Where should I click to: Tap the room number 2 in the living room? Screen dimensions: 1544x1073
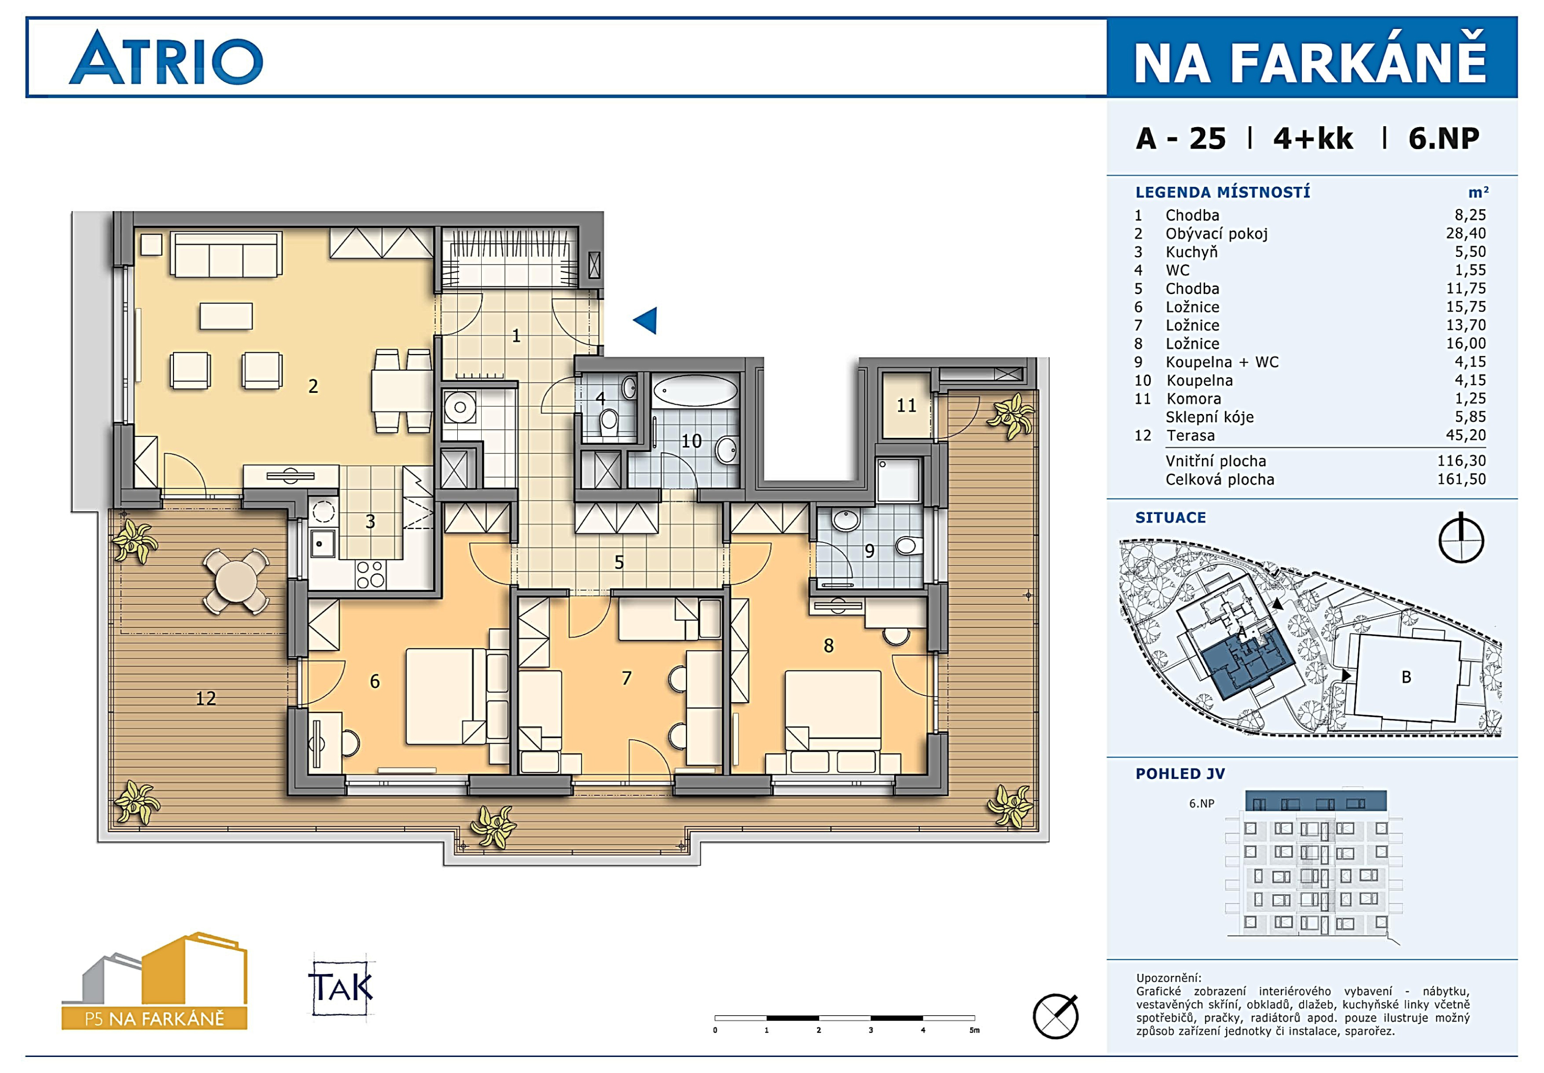[313, 386]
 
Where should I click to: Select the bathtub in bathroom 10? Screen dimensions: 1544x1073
[695, 390]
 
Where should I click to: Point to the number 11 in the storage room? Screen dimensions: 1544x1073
[906, 405]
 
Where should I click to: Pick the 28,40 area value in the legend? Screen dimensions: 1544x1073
[1466, 233]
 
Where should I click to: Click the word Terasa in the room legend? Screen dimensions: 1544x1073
[1191, 436]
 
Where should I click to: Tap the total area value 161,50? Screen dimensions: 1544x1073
[1461, 479]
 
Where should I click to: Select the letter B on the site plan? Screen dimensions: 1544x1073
[1406, 677]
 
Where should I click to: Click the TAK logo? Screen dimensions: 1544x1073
[341, 987]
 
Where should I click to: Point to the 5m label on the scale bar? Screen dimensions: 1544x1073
[974, 1030]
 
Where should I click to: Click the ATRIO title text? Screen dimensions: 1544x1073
[166, 58]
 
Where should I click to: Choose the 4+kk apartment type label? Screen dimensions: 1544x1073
[1313, 139]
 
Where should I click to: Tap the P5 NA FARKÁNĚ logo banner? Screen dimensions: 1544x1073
[155, 1018]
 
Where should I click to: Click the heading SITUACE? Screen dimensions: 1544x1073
[1171, 518]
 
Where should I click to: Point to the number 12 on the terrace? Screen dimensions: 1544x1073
[205, 699]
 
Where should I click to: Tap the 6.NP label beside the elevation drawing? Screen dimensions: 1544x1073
[1202, 804]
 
